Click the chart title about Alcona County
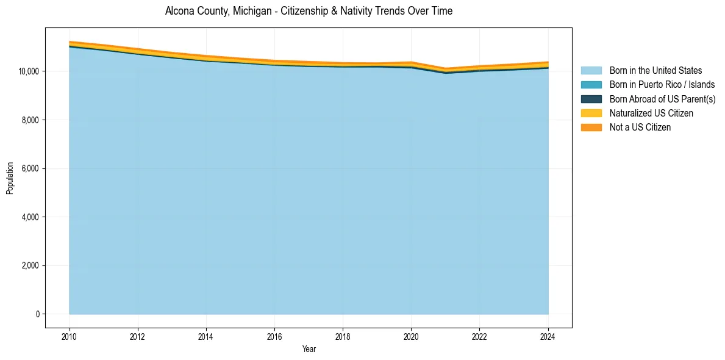tap(309, 11)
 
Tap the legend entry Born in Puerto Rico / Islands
tap(662, 85)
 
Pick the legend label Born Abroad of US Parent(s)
tap(662, 99)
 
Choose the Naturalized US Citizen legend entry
tap(651, 113)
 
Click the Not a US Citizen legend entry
tap(640, 127)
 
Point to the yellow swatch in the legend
tap(591, 113)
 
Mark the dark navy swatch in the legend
tap(591, 99)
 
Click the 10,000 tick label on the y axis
tap(28, 71)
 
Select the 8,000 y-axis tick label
tap(30, 120)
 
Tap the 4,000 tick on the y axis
tap(30, 217)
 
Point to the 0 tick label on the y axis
tap(37, 314)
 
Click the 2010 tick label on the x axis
tap(70, 336)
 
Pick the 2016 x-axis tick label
tap(274, 336)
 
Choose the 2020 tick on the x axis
tap(411, 336)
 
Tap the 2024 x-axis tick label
tap(548, 336)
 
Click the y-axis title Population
tap(10, 178)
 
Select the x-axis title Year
tap(309, 349)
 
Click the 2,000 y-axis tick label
tap(30, 266)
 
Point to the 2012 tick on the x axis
tap(138, 336)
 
